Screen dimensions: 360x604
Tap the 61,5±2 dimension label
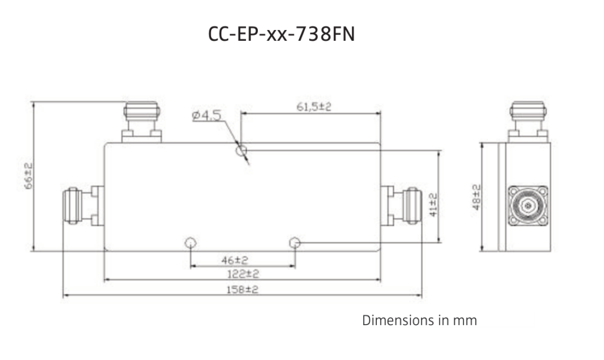313,107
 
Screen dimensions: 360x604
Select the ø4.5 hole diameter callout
206,116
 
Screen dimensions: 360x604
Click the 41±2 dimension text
433,205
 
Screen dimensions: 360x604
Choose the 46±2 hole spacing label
242,260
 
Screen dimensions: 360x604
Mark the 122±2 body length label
242,274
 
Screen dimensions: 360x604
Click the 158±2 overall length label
242,289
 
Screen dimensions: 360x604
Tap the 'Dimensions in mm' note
419,321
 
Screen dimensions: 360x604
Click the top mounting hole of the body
240,152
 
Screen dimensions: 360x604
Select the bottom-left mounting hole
191,243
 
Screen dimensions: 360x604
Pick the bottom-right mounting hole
295,243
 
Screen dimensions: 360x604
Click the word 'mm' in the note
464,321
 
